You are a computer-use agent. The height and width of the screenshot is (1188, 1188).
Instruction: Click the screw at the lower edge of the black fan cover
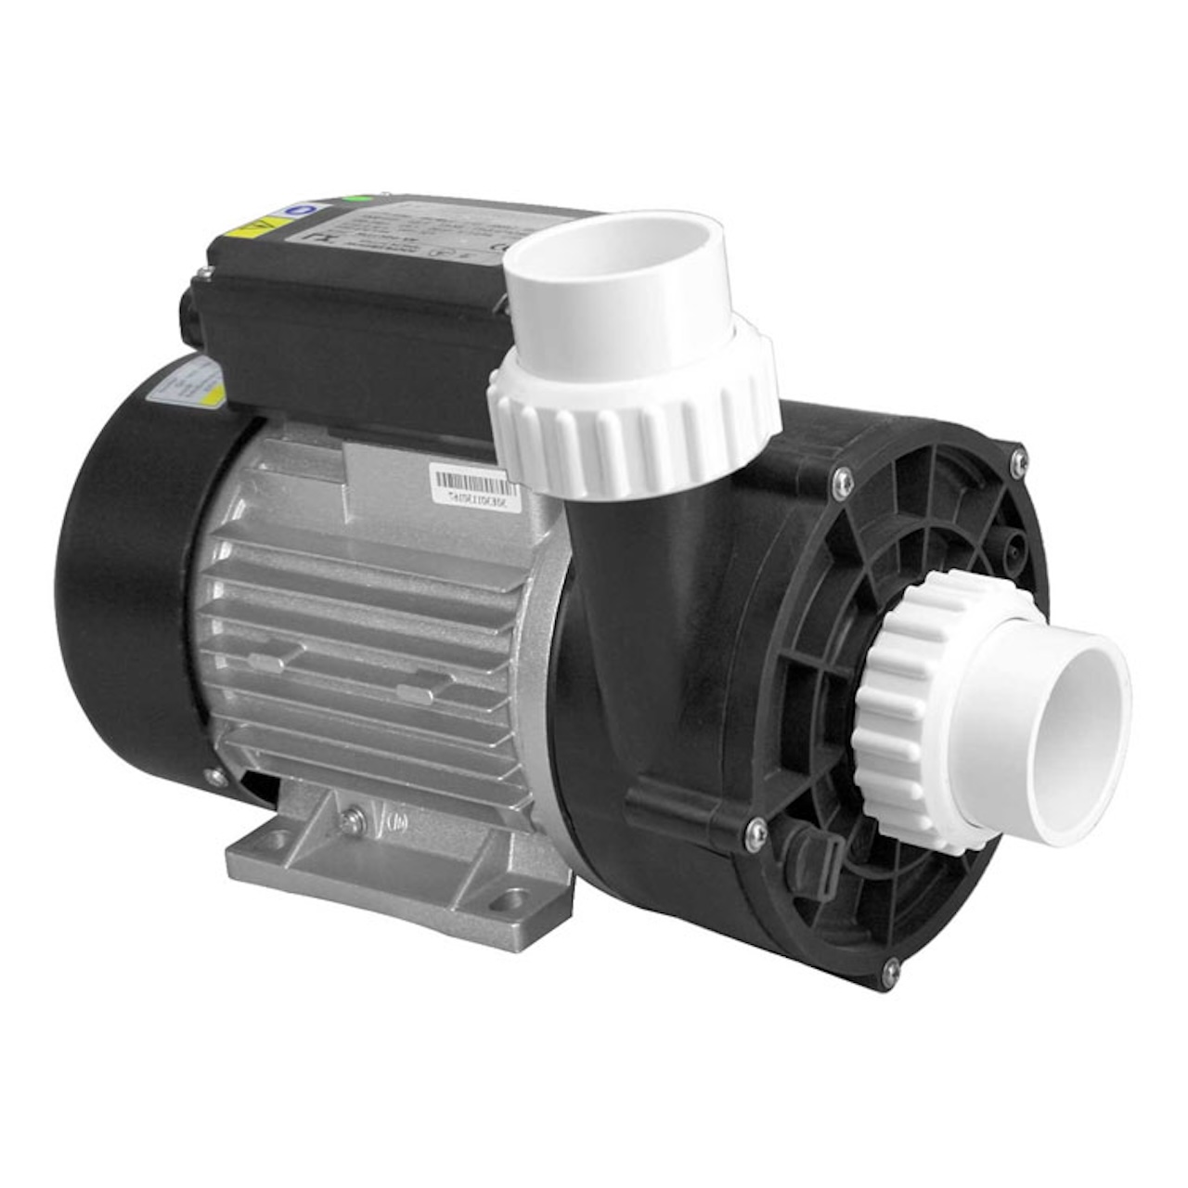coord(214,778)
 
